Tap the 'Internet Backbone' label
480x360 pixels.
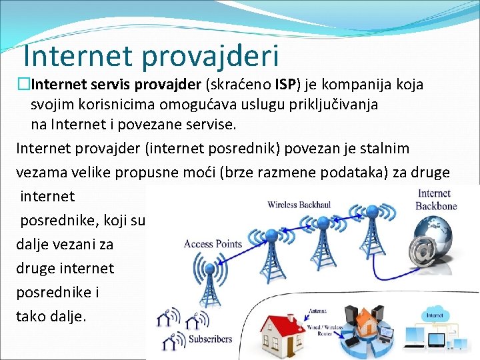pyautogui.click(x=436, y=199)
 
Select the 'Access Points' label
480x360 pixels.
pyautogui.click(x=213, y=244)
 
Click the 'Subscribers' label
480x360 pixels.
pyautogui.click(x=209, y=339)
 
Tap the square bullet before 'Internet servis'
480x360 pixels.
pyautogui.click(x=25, y=85)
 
